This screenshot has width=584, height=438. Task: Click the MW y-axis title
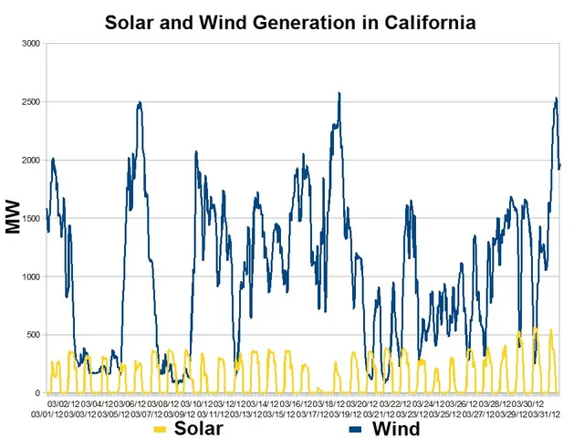pyautogui.click(x=13, y=219)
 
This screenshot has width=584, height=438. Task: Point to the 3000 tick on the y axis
pyautogui.click(x=32, y=43)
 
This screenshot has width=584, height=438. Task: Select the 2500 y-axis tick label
pyautogui.click(x=32, y=101)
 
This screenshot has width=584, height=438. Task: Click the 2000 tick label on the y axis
pyautogui.click(x=32, y=160)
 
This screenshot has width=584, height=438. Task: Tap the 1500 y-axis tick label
pyautogui.click(x=32, y=218)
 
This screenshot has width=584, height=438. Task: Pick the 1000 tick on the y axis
pyautogui.click(x=32, y=276)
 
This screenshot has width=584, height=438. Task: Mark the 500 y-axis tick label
pyautogui.click(x=35, y=335)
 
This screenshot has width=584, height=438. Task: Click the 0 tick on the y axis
pyautogui.click(x=39, y=393)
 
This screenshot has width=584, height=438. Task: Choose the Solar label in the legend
pyautogui.click(x=199, y=428)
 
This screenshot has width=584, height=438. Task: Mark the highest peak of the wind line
pyautogui.click(x=339, y=93)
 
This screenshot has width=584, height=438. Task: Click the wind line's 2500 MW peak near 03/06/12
pyautogui.click(x=140, y=102)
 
